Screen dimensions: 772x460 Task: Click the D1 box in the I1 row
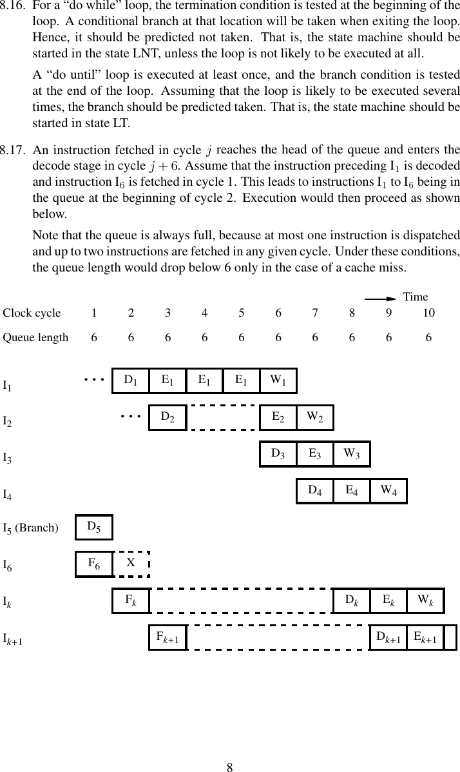130,381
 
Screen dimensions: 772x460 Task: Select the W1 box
278,381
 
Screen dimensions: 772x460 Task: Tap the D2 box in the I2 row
168,417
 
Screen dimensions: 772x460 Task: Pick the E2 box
278,417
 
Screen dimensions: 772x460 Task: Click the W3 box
352,454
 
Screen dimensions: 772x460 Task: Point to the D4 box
315,491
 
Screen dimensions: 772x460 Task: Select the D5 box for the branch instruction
94,528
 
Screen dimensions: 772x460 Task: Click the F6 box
94,564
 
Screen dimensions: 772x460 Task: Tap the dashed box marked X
131,564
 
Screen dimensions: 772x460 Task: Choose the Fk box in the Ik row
131,601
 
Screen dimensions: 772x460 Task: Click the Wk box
425,601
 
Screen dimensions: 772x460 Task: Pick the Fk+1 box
168,638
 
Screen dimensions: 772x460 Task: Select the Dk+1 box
388,638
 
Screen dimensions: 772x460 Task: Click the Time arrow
379,299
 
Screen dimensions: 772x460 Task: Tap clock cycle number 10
428,313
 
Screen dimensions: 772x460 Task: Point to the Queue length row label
35,337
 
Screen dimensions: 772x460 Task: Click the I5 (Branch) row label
30,529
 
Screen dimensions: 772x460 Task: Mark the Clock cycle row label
32,313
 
